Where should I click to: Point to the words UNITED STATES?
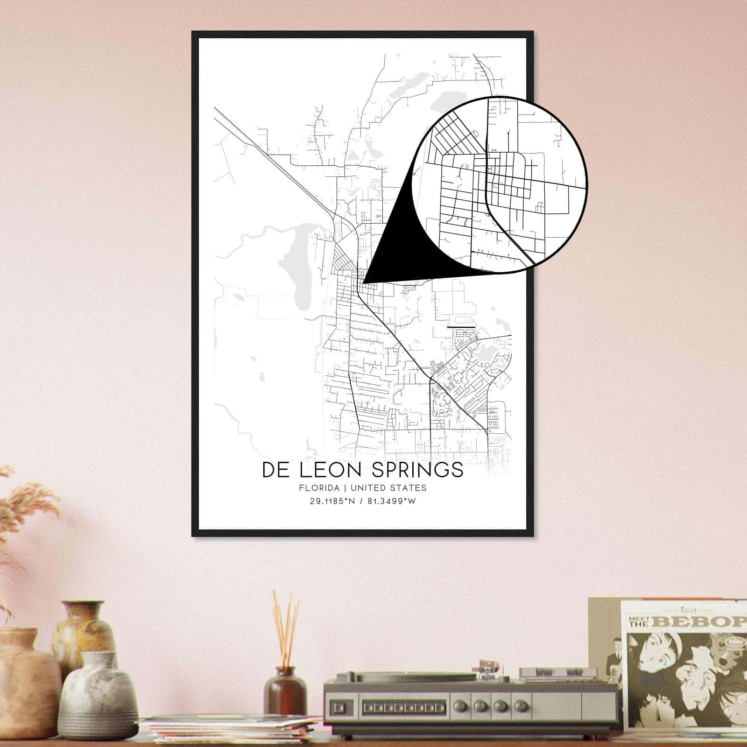tap(388, 488)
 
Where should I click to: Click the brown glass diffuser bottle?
tap(285, 691)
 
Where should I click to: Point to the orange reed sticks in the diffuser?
tap(285, 626)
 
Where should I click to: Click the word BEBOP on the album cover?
tap(700, 621)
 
